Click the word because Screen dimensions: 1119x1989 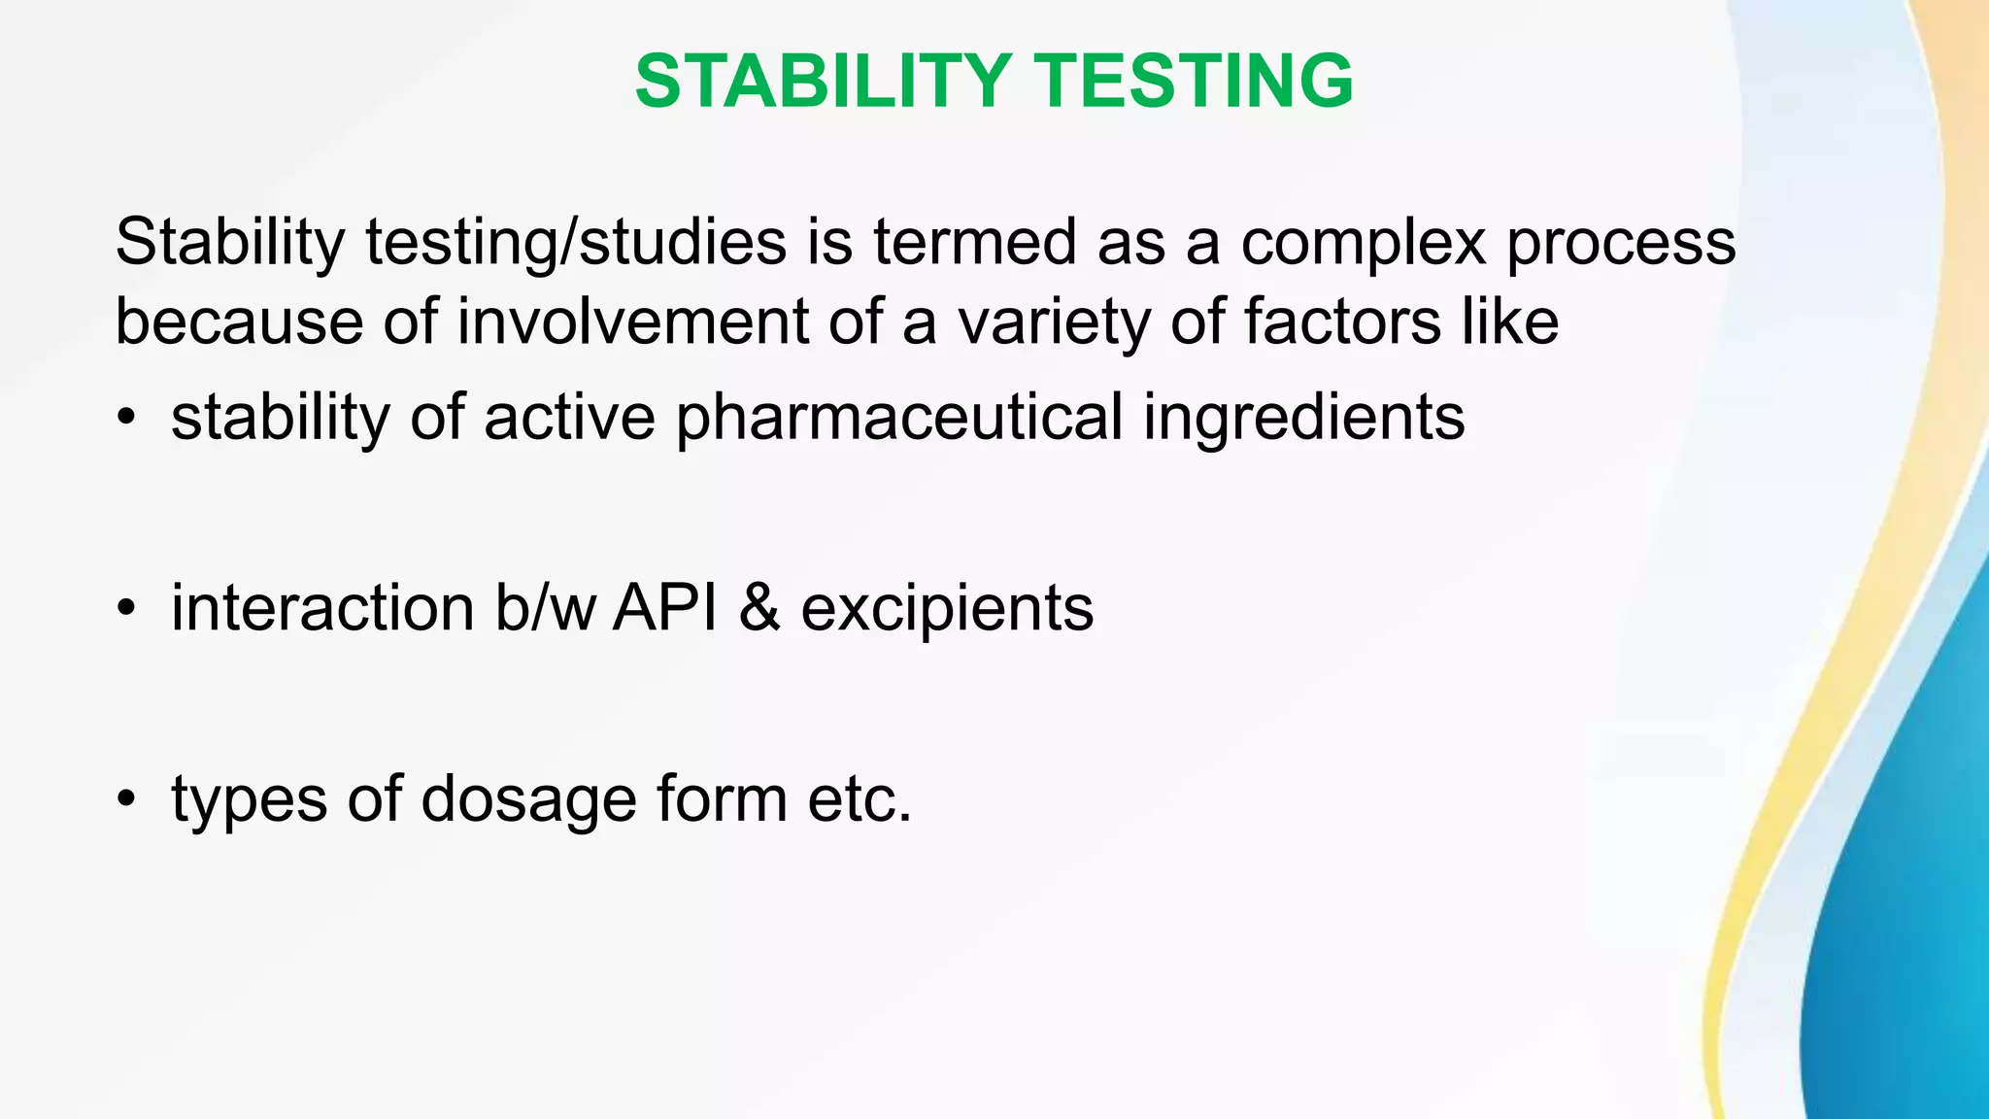[239, 322]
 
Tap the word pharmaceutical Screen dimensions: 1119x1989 [898, 418]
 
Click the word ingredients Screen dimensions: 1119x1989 [1303, 418]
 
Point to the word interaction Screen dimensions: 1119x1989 [322, 609]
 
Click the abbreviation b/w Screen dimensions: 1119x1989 [545, 609]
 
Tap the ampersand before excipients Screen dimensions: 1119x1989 [759, 609]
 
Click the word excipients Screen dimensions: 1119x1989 [947, 609]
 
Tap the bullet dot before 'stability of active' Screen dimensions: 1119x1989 [125, 418]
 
